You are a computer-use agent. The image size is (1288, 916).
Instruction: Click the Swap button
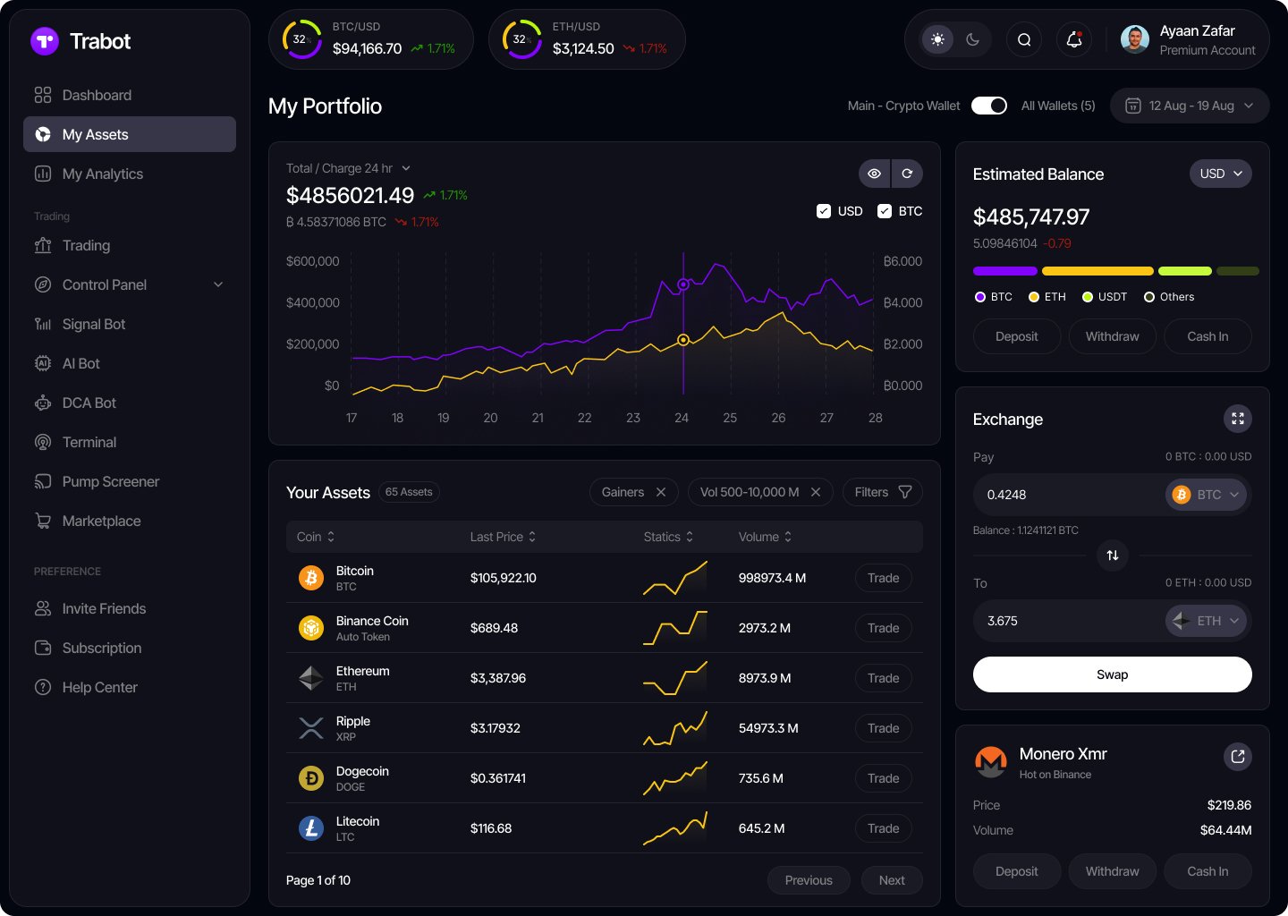1112,674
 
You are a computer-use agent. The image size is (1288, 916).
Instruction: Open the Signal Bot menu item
93,324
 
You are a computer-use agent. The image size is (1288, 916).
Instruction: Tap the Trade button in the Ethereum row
883,678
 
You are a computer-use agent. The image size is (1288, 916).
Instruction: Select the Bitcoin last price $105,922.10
503,578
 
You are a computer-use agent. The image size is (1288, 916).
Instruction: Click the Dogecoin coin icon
311,778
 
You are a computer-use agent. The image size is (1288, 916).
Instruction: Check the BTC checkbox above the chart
885,211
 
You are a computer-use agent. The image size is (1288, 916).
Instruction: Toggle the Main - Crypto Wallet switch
989,106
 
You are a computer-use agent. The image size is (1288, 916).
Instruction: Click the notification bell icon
1074,39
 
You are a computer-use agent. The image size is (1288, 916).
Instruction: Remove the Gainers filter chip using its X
661,492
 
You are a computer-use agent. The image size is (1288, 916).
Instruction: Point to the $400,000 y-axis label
313,302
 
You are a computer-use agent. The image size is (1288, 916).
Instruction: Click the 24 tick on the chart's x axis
682,418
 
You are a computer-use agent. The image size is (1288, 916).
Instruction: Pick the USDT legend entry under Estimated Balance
1105,297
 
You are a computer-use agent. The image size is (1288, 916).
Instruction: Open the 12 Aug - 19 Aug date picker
1189,106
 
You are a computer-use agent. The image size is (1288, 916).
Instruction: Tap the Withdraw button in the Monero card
1112,871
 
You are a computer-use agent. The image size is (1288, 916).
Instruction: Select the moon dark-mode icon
973,39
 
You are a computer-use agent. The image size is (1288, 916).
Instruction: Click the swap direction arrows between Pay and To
1112,556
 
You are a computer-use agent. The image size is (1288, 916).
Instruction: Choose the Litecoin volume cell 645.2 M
761,828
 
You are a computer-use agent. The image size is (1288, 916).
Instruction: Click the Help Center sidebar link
99,687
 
